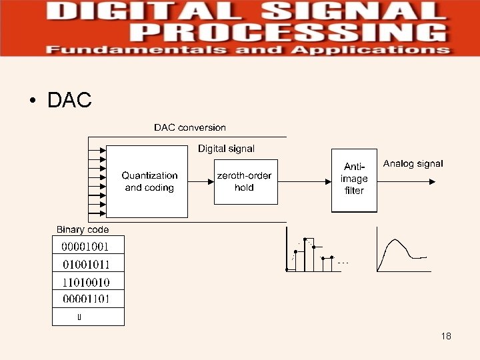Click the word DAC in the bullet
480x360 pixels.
[69, 101]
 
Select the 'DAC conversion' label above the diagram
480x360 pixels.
[190, 127]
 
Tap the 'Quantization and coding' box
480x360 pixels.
[149, 181]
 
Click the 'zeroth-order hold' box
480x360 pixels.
[244, 181]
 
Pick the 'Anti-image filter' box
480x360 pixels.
[354, 179]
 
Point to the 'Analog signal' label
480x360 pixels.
[413, 163]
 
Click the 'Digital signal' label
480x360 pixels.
[226, 149]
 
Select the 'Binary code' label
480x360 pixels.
[82, 229]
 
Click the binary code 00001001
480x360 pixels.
[85, 246]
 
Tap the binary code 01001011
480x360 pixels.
[86, 264]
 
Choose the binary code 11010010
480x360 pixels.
[86, 281]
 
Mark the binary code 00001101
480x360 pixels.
[86, 299]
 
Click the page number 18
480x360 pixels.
[446, 336]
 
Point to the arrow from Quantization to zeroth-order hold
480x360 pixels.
[201, 181]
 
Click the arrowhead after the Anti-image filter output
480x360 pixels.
[434, 181]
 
